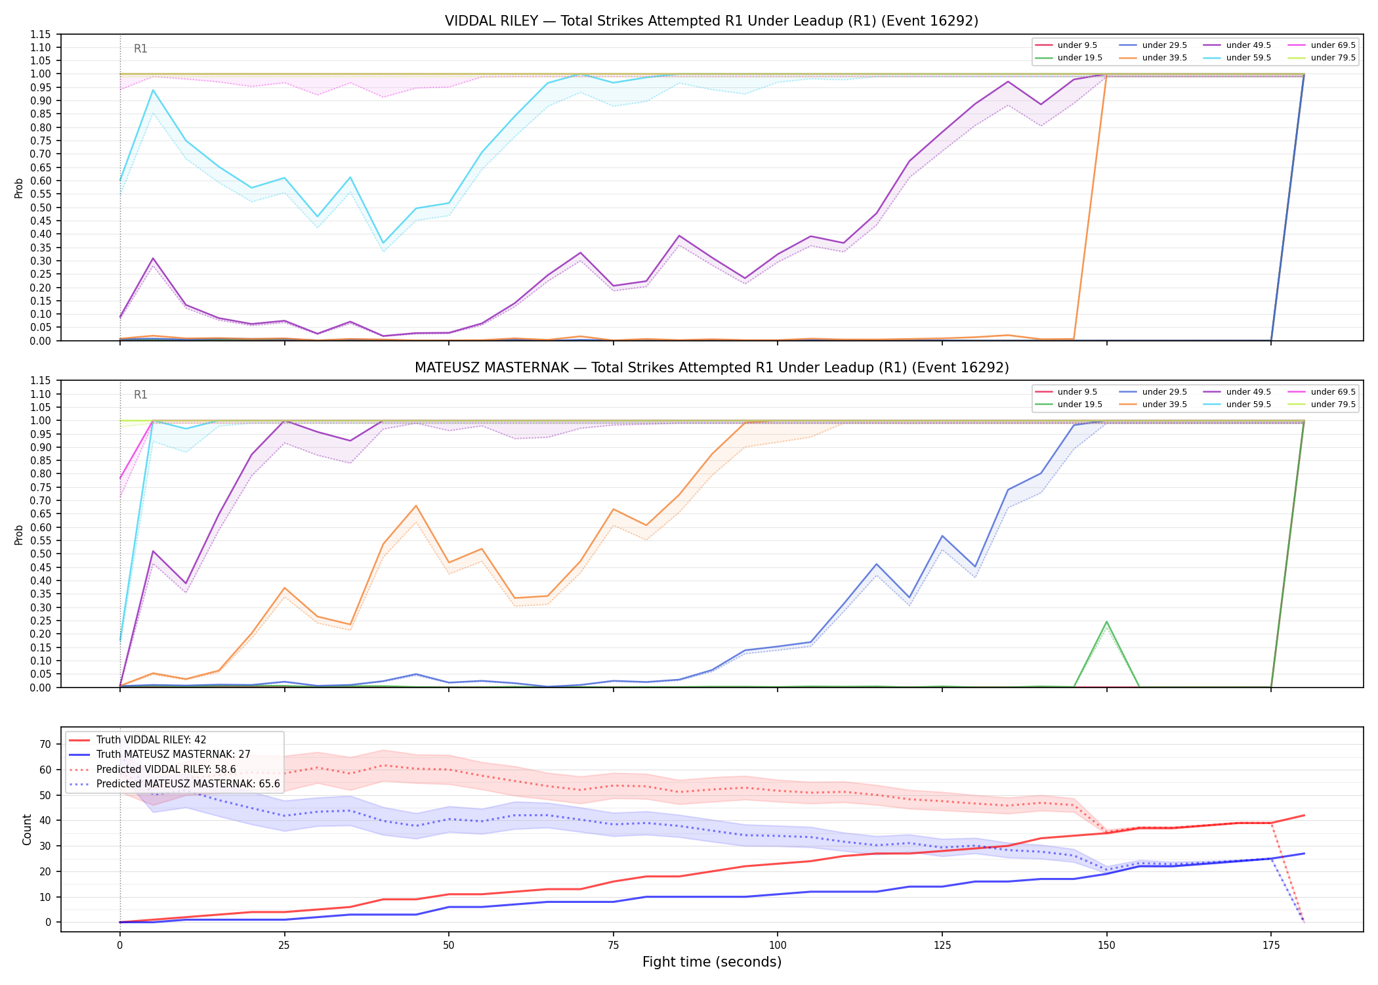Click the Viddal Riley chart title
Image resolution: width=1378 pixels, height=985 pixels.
pos(711,21)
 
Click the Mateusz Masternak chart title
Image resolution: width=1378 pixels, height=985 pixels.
pos(711,368)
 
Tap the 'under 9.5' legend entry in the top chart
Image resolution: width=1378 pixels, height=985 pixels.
pos(1066,45)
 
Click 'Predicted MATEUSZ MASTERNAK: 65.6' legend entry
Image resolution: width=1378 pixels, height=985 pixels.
pos(175,784)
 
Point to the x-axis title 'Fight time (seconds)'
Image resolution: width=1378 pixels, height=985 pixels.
pos(712,962)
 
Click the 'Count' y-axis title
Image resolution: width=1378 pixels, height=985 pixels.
pos(27,829)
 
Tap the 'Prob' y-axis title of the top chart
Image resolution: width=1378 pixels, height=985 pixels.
pos(19,188)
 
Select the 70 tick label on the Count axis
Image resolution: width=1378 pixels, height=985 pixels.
pos(45,744)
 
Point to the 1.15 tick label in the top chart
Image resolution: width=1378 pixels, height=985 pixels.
pos(40,34)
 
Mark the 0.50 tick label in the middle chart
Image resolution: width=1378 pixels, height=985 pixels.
pos(40,554)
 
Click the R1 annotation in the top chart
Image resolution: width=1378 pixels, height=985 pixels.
pos(140,49)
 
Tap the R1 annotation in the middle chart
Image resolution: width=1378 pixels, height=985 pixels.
pos(140,395)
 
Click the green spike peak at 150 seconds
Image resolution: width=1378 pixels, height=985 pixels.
pos(1107,621)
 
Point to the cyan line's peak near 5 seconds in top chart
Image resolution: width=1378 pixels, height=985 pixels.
pos(153,90)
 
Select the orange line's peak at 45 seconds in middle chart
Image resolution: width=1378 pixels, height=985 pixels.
pos(416,506)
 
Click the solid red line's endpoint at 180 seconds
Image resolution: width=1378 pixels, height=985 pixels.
pos(1304,816)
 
